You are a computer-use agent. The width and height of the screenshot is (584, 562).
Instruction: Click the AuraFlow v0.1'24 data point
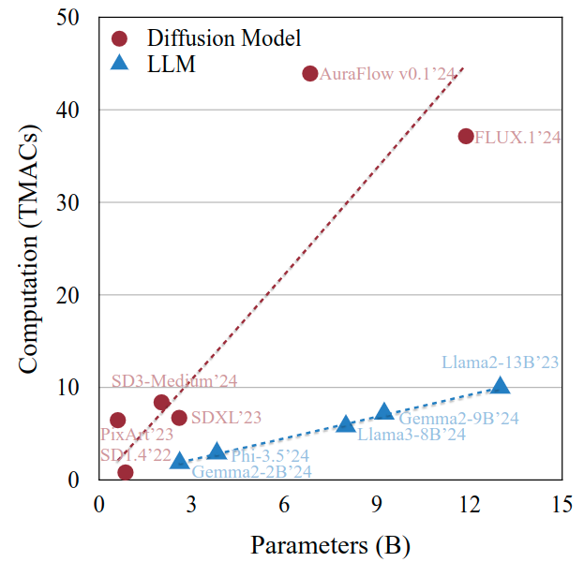(x=310, y=73)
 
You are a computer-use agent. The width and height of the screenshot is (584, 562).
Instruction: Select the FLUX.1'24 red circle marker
(x=466, y=136)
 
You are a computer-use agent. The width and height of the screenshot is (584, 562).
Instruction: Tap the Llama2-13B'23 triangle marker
(x=501, y=385)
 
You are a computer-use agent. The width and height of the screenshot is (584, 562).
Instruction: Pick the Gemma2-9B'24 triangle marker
(x=384, y=411)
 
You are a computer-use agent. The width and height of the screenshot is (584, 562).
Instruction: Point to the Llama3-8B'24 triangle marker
(x=346, y=423)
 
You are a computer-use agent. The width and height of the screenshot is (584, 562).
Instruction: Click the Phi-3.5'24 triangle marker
(x=217, y=451)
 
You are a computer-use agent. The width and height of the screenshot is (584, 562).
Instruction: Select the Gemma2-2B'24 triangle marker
(x=180, y=460)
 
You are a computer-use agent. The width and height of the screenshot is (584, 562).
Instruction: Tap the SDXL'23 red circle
(x=179, y=417)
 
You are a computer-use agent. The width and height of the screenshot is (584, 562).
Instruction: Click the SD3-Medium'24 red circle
(x=161, y=403)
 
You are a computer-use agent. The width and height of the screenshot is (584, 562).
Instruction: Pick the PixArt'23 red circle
(x=117, y=420)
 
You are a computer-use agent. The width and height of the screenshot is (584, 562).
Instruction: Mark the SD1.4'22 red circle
(x=125, y=472)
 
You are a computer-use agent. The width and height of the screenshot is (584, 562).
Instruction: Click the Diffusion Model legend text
(x=224, y=38)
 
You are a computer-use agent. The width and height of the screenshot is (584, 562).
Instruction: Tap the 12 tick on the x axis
(x=470, y=504)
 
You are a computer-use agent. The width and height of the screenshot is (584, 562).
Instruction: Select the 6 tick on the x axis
(x=284, y=504)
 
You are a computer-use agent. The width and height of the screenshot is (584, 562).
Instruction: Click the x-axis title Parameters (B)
(x=330, y=543)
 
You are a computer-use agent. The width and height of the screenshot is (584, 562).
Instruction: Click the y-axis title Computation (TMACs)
(x=28, y=248)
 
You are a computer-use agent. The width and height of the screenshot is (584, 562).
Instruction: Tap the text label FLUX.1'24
(x=517, y=137)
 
